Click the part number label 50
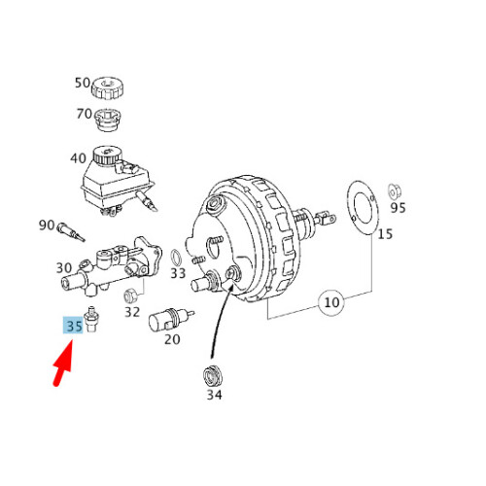pos(82,85)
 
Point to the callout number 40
pos(77,158)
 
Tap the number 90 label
pos(47,226)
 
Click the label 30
pos(64,268)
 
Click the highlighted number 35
pos(73,327)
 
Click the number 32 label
pos(132,312)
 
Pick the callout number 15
pos(386,233)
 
